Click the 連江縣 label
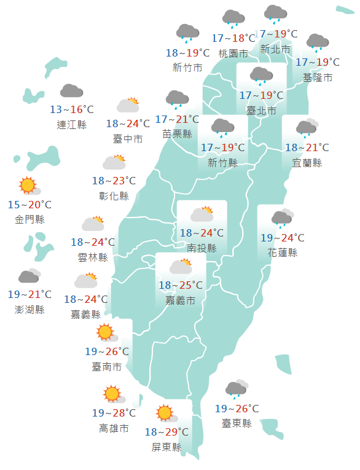[72, 125]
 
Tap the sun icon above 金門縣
[28, 185]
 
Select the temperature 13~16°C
[72, 110]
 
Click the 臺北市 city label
[261, 111]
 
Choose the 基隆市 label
[318, 77]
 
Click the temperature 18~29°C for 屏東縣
[166, 432]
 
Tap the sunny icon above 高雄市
[112, 394]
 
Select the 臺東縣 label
[237, 423]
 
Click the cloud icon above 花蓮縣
[282, 217]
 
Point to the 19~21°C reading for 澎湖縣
[29, 295]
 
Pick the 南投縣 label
[202, 248]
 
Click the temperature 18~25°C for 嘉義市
[181, 286]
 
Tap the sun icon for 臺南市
[106, 332]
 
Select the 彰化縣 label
[114, 196]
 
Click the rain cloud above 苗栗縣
[177, 98]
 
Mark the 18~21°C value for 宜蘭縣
[307, 148]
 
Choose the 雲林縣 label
[93, 257]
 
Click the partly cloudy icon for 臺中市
[128, 104]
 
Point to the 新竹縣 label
[222, 163]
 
